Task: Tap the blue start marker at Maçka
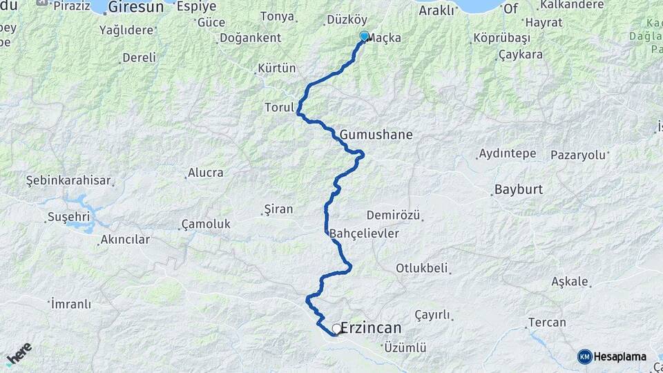364,37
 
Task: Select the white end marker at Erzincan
336,329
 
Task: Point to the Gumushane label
376,135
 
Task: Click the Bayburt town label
519,189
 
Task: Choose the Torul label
279,108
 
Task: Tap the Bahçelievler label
365,233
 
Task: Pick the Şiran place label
279,209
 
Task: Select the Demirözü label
393,216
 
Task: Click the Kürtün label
276,68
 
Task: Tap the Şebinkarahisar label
68,180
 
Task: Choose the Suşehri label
65,217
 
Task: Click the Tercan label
547,323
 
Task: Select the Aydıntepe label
507,153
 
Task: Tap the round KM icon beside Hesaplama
584,356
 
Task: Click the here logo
19,353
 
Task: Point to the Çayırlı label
432,315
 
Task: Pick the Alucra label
206,173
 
